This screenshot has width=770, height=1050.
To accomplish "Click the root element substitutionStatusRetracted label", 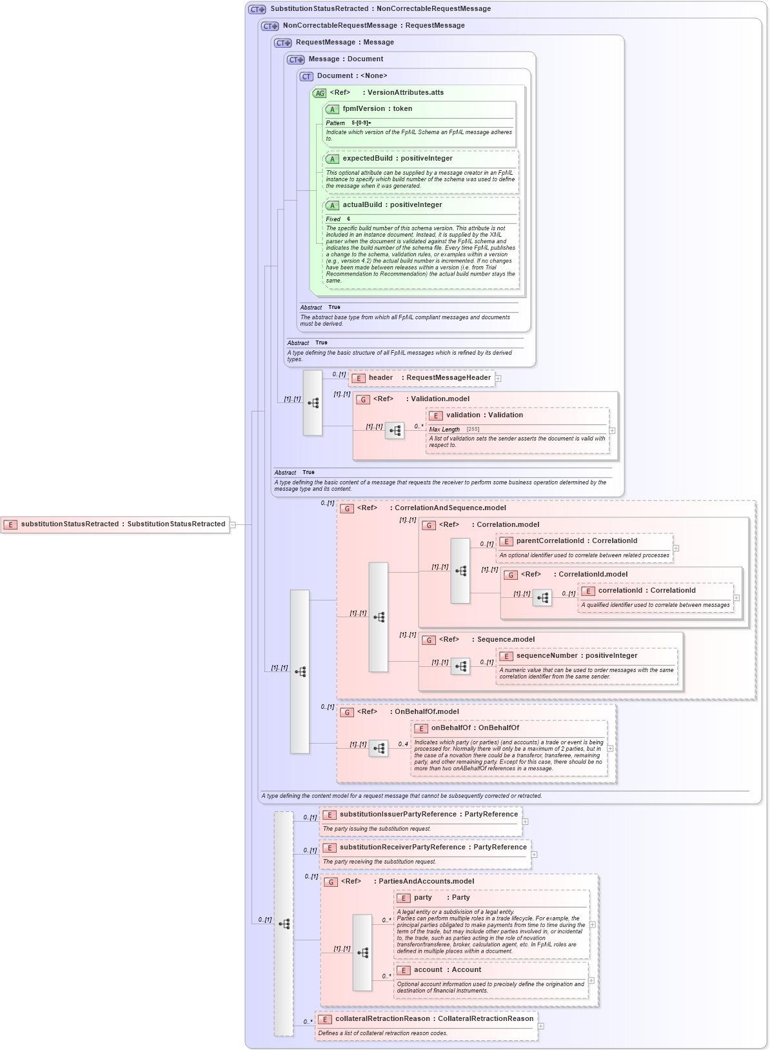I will tap(123, 524).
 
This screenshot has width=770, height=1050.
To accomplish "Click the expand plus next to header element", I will tap(498, 379).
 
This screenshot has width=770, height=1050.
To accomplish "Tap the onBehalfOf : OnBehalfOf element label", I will tap(475, 728).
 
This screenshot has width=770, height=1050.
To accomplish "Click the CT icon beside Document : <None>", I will tap(306, 76).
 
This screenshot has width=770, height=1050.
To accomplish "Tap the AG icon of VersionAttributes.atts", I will tap(320, 93).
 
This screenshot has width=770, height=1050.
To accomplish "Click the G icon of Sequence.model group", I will tap(429, 640).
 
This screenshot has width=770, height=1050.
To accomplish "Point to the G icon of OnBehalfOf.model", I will tap(347, 712).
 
